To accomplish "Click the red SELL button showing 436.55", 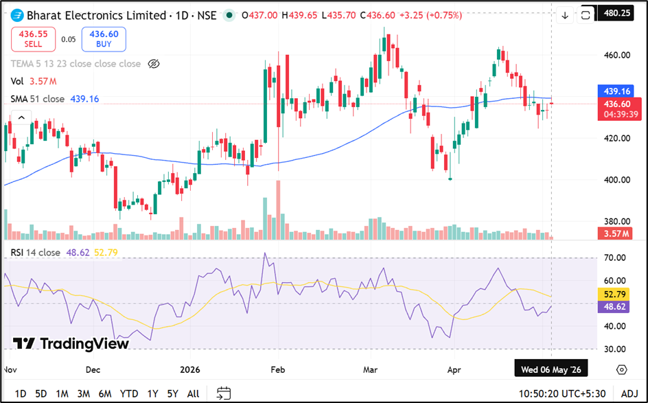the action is (x=33, y=39).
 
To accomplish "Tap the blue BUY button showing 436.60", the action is (x=104, y=39).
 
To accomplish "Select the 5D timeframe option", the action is (x=41, y=393).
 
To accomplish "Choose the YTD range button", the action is (x=128, y=393).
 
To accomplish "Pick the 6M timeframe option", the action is (x=105, y=393).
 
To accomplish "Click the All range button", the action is (x=193, y=393).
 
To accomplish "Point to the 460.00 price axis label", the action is (x=617, y=55).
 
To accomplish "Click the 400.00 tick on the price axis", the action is (x=617, y=180).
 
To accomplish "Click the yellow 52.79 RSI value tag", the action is (x=614, y=295).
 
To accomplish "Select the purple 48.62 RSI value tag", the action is (x=614, y=307).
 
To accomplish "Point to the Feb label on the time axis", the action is (x=278, y=369).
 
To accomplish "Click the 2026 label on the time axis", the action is (x=190, y=369).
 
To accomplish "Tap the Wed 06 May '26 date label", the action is (x=551, y=369).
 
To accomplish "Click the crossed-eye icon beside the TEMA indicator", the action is (x=154, y=64).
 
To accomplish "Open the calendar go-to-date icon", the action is (x=224, y=393).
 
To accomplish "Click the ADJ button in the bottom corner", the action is (x=629, y=393).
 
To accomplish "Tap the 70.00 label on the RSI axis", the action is (x=614, y=258).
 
